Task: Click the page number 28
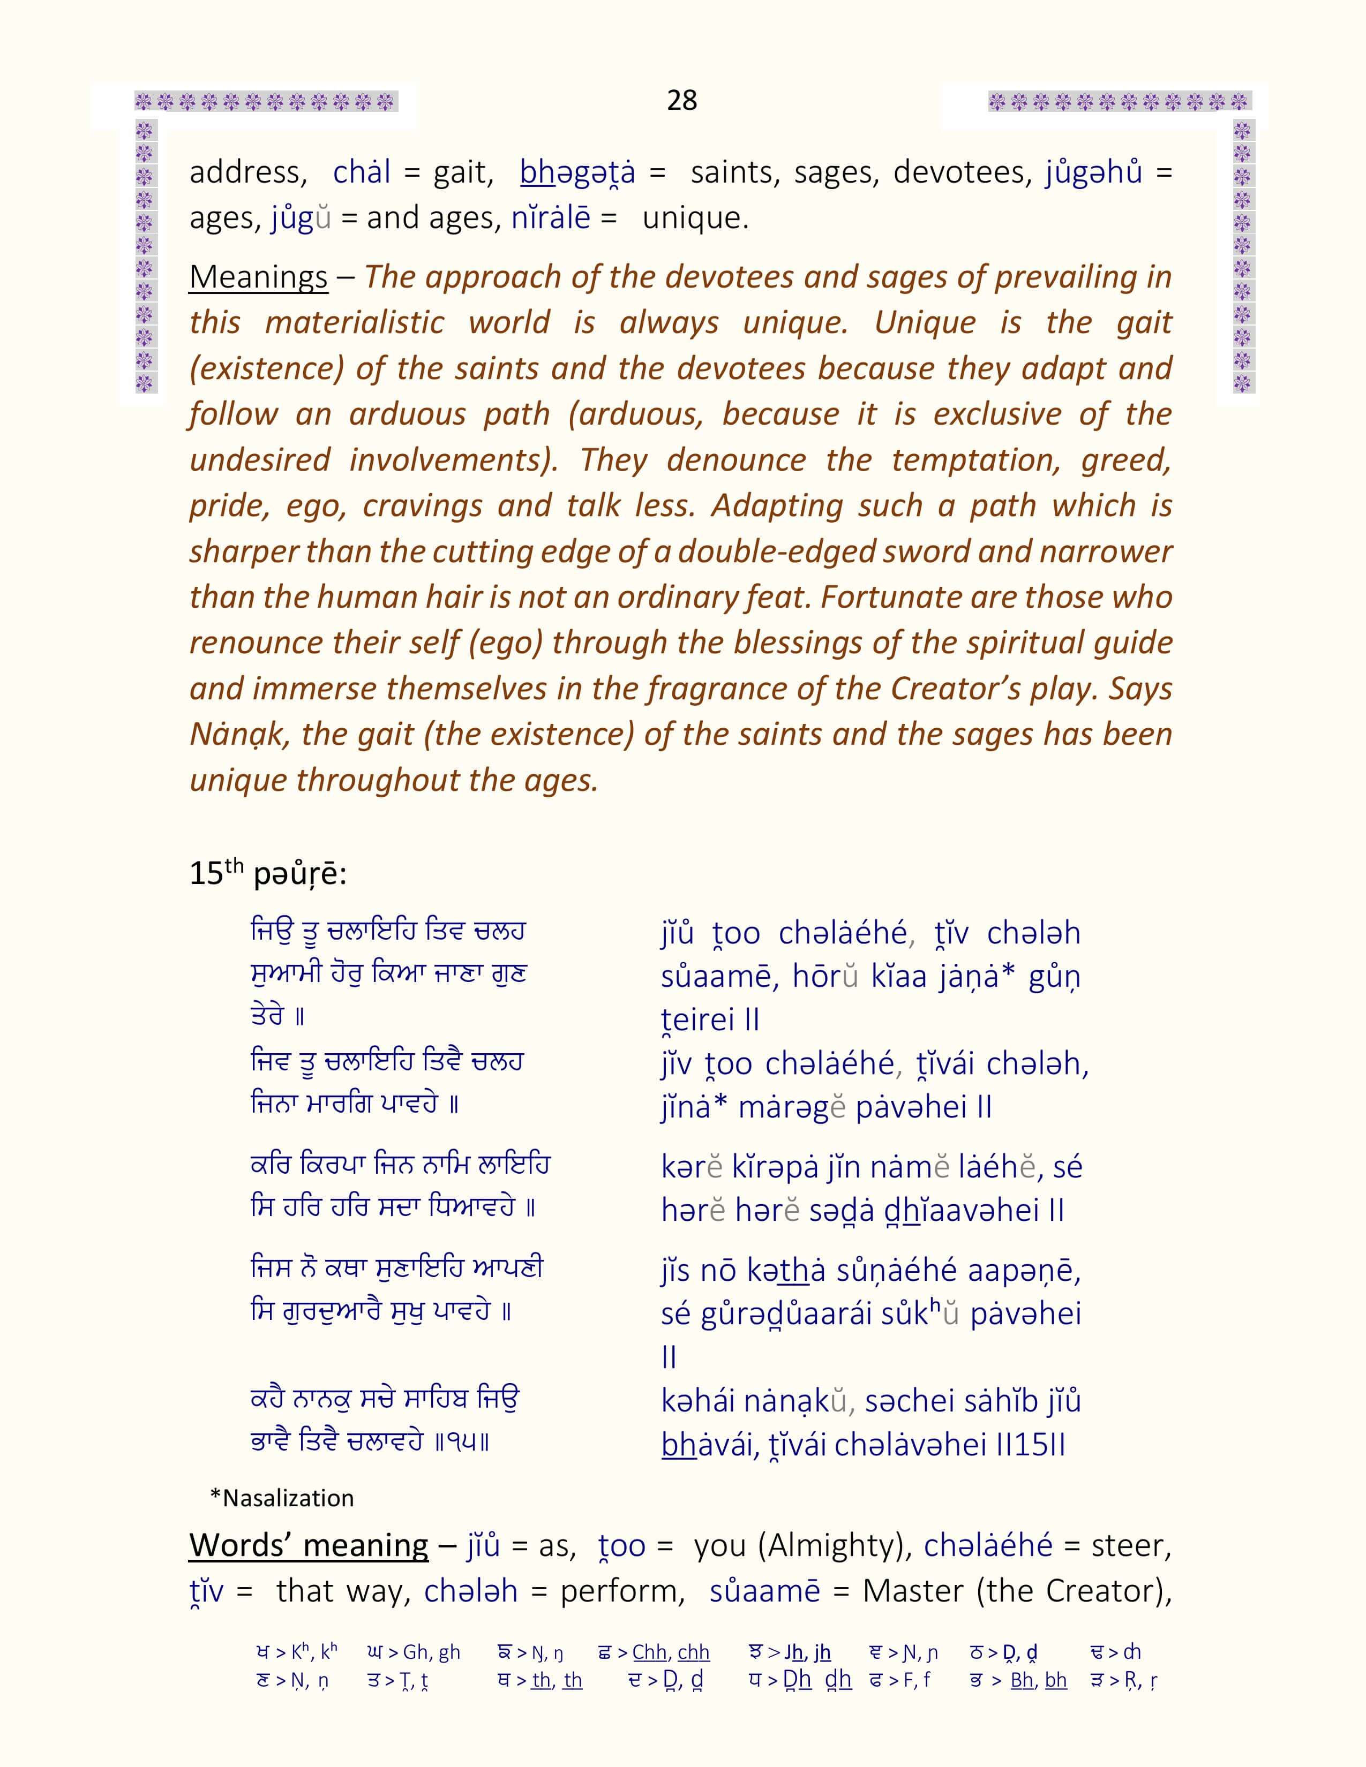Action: tap(681, 100)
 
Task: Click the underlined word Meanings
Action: tap(258, 277)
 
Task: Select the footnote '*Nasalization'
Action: tap(282, 1498)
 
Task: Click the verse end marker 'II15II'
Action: tap(1030, 1444)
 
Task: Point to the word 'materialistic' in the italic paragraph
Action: tap(355, 323)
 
